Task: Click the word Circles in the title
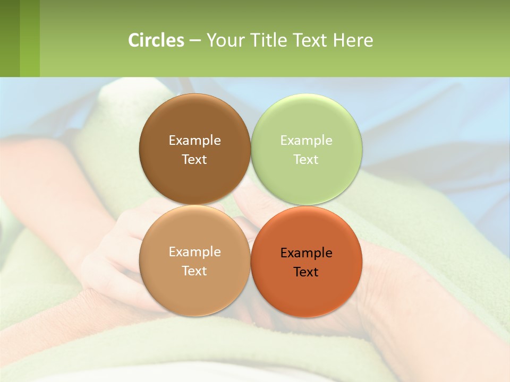pyautogui.click(x=156, y=40)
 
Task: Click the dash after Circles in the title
pyautogui.click(x=195, y=40)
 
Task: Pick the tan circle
pyautogui.click(x=194, y=292)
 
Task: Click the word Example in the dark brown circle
pyautogui.click(x=194, y=141)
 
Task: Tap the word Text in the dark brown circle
pyautogui.click(x=194, y=160)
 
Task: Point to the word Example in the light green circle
pyautogui.click(x=306, y=141)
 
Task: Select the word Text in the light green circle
pyautogui.click(x=306, y=160)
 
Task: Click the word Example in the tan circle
pyautogui.click(x=194, y=252)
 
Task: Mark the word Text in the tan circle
pyautogui.click(x=194, y=271)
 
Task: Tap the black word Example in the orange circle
pyautogui.click(x=306, y=253)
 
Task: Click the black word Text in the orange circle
pyautogui.click(x=306, y=272)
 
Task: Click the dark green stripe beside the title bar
pyautogui.click(x=10, y=38)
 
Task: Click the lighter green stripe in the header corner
pyautogui.click(x=30, y=38)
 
